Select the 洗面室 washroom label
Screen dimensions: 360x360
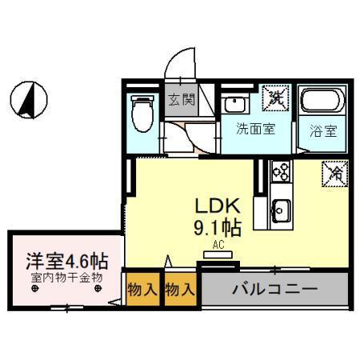tap(255, 128)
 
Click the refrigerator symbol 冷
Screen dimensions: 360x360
tap(336, 173)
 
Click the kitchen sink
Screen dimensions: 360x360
tap(281, 210)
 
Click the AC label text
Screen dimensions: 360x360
tap(217, 245)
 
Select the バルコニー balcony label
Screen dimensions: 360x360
tap(275, 288)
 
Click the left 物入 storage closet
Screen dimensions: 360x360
tap(142, 289)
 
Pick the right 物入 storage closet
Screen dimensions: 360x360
tap(180, 289)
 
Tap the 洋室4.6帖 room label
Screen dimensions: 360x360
tap(67, 260)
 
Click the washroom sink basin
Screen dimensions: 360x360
tap(234, 104)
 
